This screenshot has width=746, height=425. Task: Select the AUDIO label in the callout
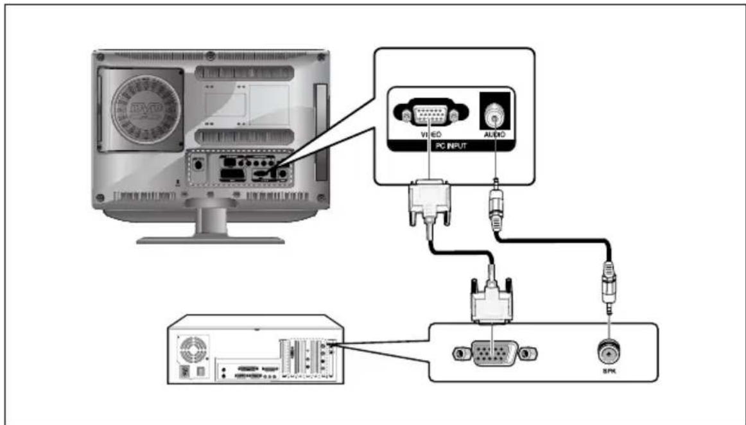point(494,135)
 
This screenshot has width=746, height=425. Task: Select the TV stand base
point(211,240)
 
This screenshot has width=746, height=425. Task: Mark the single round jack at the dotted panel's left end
point(198,165)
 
